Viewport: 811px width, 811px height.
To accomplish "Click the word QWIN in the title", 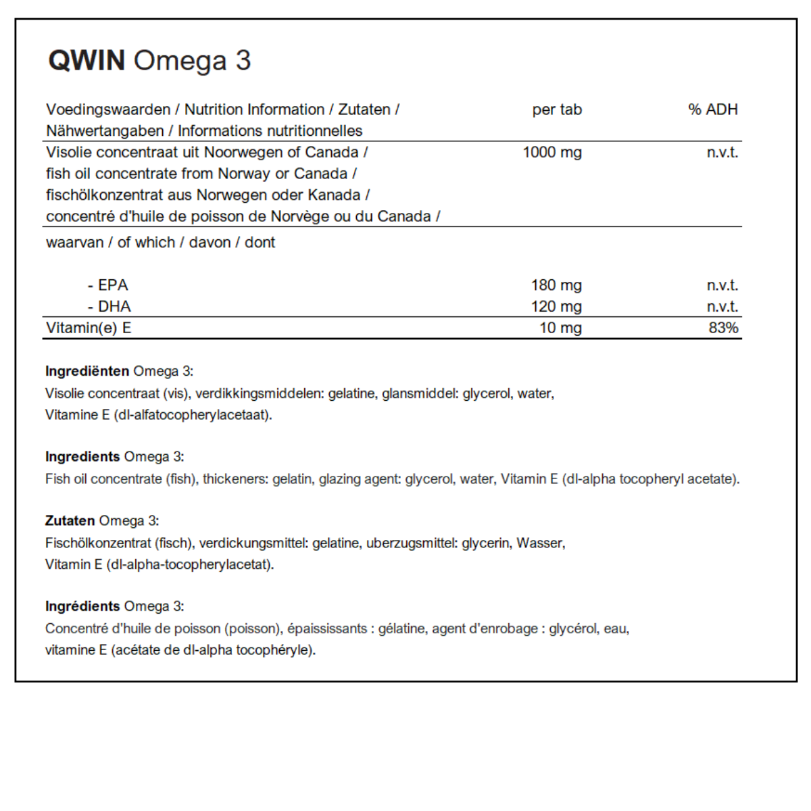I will point(87,61).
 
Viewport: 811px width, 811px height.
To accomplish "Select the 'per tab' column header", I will point(556,109).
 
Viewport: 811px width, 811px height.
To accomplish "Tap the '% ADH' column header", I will point(712,109).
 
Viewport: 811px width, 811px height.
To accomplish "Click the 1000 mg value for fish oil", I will point(551,152).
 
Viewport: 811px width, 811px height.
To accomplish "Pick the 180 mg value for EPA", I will point(556,285).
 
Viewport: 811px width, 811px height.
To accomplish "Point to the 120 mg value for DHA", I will point(556,307).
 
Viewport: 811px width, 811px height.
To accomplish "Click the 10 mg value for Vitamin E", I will point(560,328).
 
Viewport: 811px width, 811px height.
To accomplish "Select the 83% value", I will point(723,328).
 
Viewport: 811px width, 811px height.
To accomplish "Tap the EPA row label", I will point(112,285).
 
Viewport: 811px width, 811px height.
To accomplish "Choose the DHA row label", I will point(114,307).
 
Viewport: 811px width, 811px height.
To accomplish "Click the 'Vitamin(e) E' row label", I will point(89,328).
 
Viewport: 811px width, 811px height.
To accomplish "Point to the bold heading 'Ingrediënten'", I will point(87,371).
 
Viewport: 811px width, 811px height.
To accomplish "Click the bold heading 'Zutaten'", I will point(70,521).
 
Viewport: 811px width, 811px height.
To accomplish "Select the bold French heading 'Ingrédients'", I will point(82,606).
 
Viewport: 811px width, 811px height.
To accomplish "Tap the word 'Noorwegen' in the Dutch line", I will point(237,152).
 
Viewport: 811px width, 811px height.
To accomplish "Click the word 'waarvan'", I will point(74,243).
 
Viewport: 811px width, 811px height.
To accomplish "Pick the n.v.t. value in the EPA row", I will point(722,285).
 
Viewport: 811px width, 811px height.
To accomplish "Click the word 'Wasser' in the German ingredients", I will point(539,543).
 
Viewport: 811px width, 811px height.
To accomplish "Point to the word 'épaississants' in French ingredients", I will point(327,629).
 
